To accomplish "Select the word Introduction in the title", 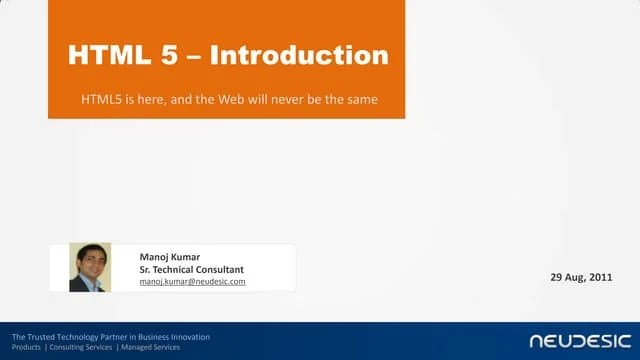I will click(299, 55).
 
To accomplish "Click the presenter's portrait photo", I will click(89, 268).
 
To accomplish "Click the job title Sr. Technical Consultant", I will click(192, 269).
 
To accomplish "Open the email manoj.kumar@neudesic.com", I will click(192, 282).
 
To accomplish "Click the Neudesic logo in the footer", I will click(577, 341).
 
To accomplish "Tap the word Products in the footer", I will click(27, 346).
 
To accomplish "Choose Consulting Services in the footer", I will click(81, 346).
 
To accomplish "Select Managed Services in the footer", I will click(147, 346).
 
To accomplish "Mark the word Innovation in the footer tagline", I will click(190, 336).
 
